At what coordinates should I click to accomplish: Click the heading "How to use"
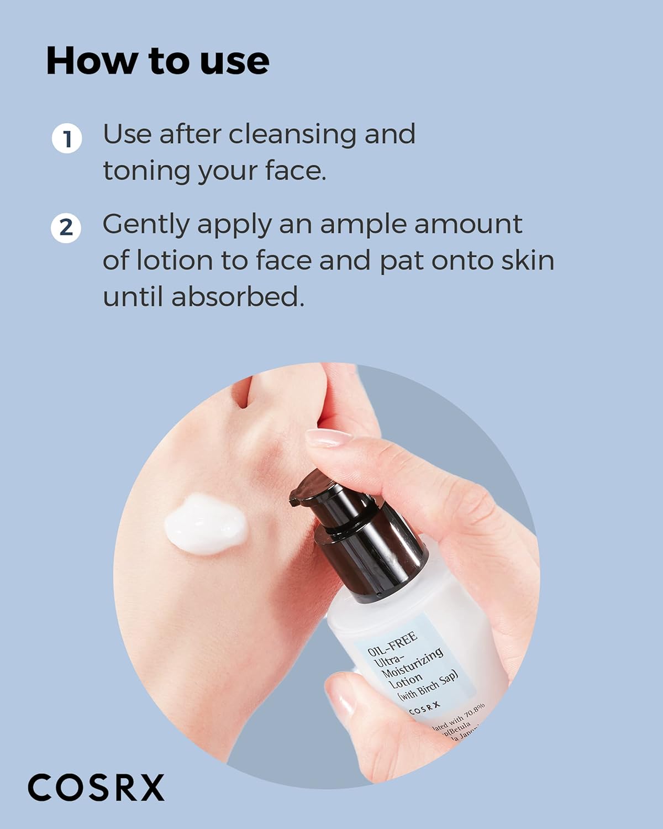tap(157, 61)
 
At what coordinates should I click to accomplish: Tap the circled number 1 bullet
tap(67, 139)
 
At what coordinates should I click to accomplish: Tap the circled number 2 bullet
tap(66, 228)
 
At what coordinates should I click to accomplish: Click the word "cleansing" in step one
tap(293, 134)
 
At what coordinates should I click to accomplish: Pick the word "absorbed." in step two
tap(238, 297)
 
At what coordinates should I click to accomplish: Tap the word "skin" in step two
tap(527, 260)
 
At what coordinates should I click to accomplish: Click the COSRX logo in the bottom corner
tap(96, 787)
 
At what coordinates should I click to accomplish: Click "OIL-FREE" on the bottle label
tap(392, 646)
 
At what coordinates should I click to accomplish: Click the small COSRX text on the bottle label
tap(425, 708)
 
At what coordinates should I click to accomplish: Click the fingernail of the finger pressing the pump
tap(328, 437)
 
